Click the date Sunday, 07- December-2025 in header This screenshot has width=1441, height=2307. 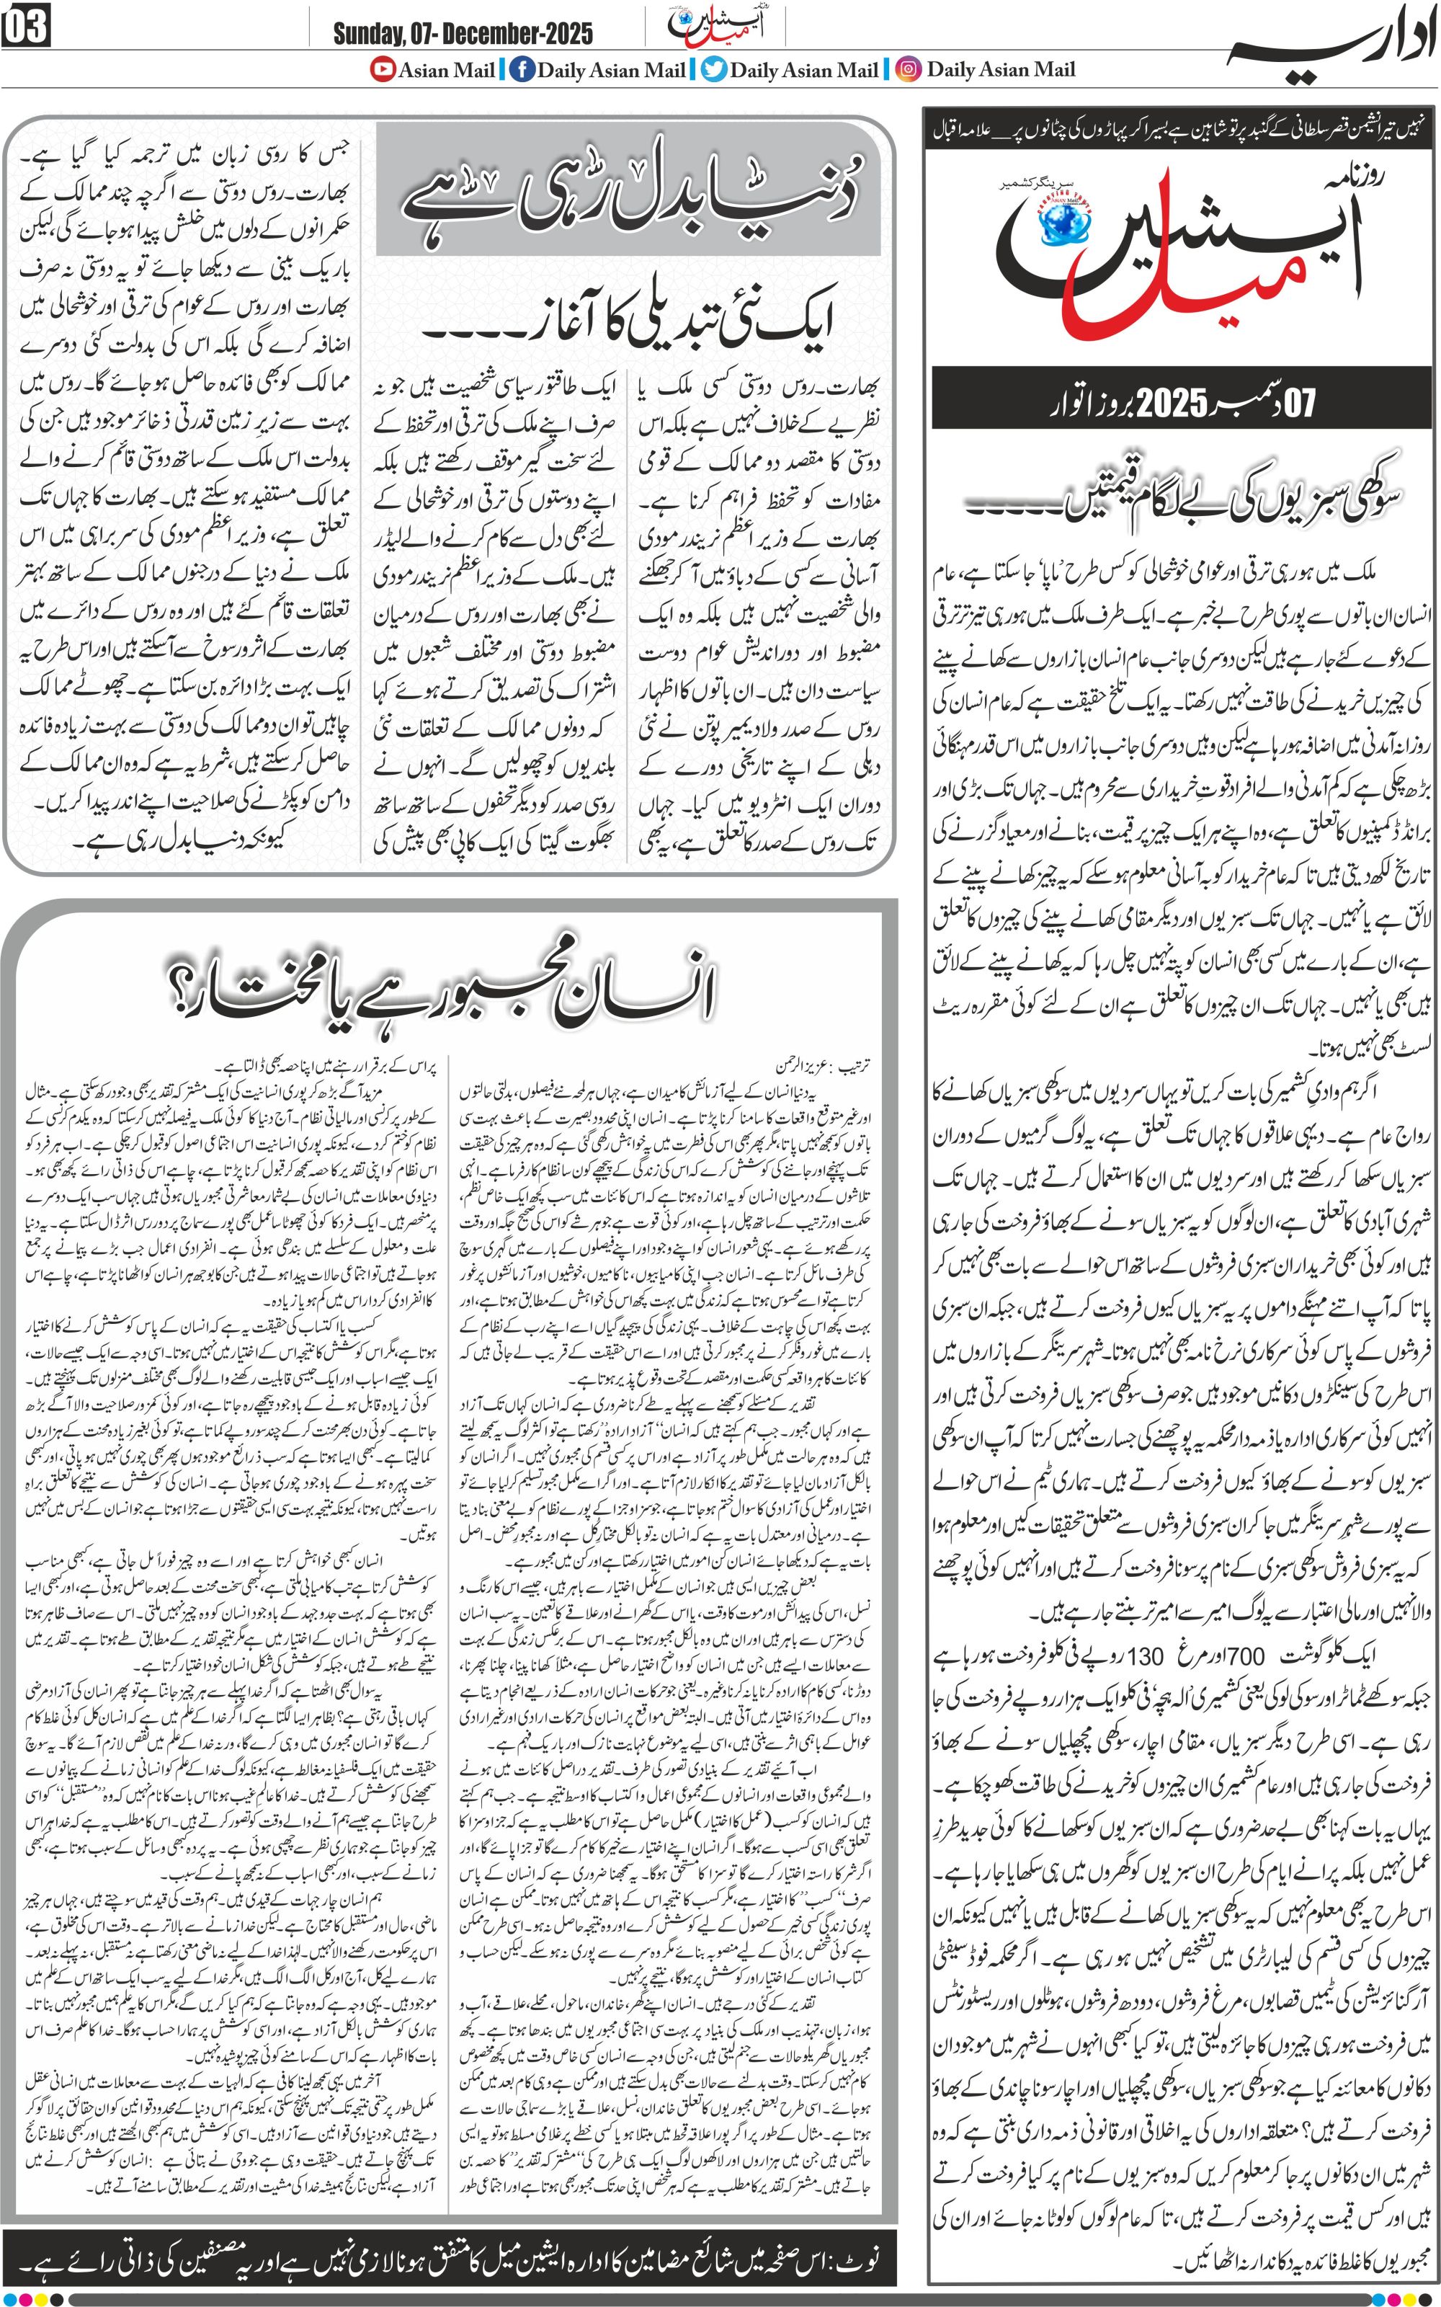[x=463, y=35]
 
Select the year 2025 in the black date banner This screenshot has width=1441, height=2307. [x=1172, y=402]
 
